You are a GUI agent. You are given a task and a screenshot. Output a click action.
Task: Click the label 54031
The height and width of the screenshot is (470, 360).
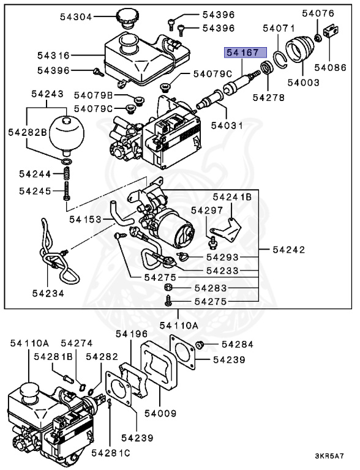click(228, 126)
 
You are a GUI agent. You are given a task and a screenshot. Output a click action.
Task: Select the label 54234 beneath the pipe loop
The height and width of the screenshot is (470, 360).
click(48, 294)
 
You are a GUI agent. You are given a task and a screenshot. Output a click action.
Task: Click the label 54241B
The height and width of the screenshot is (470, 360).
click(233, 197)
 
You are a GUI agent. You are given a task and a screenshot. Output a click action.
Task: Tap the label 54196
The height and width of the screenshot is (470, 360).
click(132, 334)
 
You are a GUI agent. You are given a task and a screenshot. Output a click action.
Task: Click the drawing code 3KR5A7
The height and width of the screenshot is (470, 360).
click(329, 456)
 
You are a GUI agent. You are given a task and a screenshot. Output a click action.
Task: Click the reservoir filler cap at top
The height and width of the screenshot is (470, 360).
click(129, 18)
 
